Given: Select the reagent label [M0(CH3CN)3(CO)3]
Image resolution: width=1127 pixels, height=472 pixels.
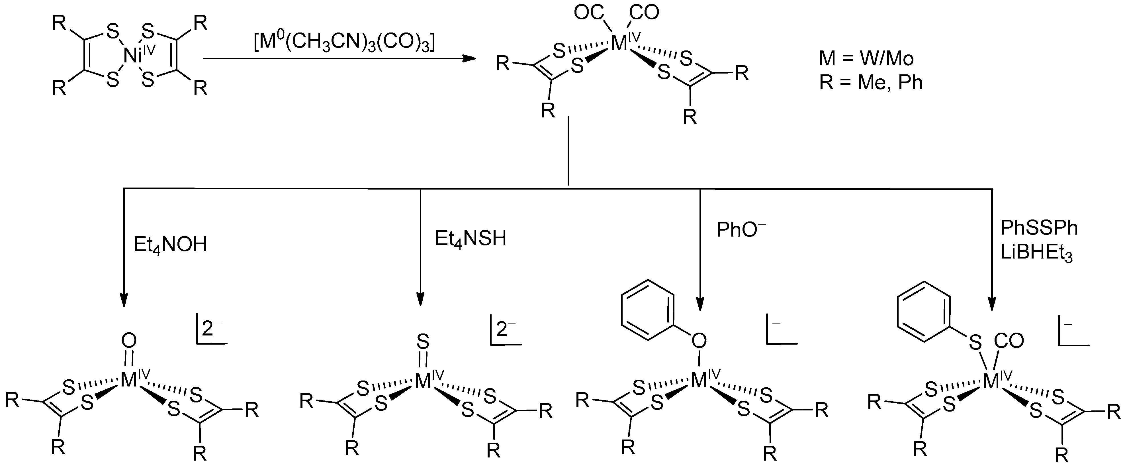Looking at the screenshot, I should click(x=344, y=42).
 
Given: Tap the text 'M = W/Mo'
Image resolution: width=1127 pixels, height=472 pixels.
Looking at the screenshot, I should click(x=866, y=58).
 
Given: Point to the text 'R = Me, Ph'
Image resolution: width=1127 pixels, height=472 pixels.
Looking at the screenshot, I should click(x=871, y=82).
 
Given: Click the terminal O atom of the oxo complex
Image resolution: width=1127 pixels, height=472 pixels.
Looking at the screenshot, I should click(x=129, y=340).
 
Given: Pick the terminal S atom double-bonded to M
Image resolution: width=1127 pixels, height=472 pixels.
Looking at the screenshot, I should click(x=423, y=340).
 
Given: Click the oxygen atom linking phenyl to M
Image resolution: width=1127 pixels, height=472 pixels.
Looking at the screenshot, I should click(x=699, y=341).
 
